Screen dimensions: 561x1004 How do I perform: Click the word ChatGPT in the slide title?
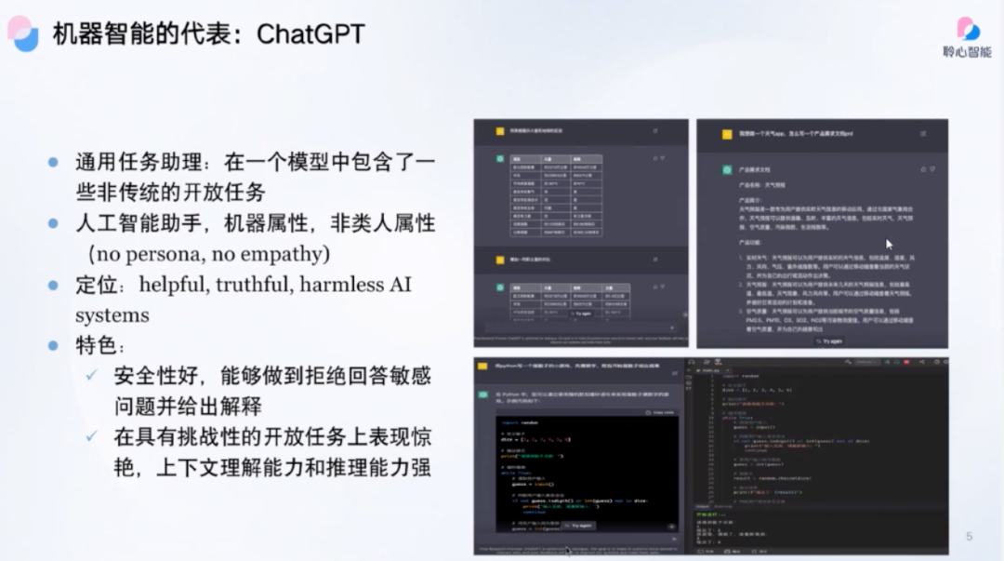310,34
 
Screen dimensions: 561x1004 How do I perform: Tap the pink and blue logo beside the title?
23,33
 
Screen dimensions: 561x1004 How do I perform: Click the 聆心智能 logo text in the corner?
967,52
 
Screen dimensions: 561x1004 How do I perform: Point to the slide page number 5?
969,537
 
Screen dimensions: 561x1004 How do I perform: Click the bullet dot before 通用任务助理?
53,162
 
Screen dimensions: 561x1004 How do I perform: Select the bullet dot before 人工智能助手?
53,223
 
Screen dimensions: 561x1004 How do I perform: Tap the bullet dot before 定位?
53,285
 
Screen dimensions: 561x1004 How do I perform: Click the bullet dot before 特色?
53,345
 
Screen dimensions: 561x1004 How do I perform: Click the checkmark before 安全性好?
92,375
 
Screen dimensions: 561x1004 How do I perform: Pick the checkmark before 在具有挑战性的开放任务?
92,435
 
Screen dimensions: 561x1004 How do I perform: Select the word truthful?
258,285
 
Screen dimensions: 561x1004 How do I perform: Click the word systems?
112,315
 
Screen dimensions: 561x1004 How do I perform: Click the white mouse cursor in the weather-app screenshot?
890,245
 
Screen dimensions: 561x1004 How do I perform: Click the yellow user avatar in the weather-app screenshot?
728,134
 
